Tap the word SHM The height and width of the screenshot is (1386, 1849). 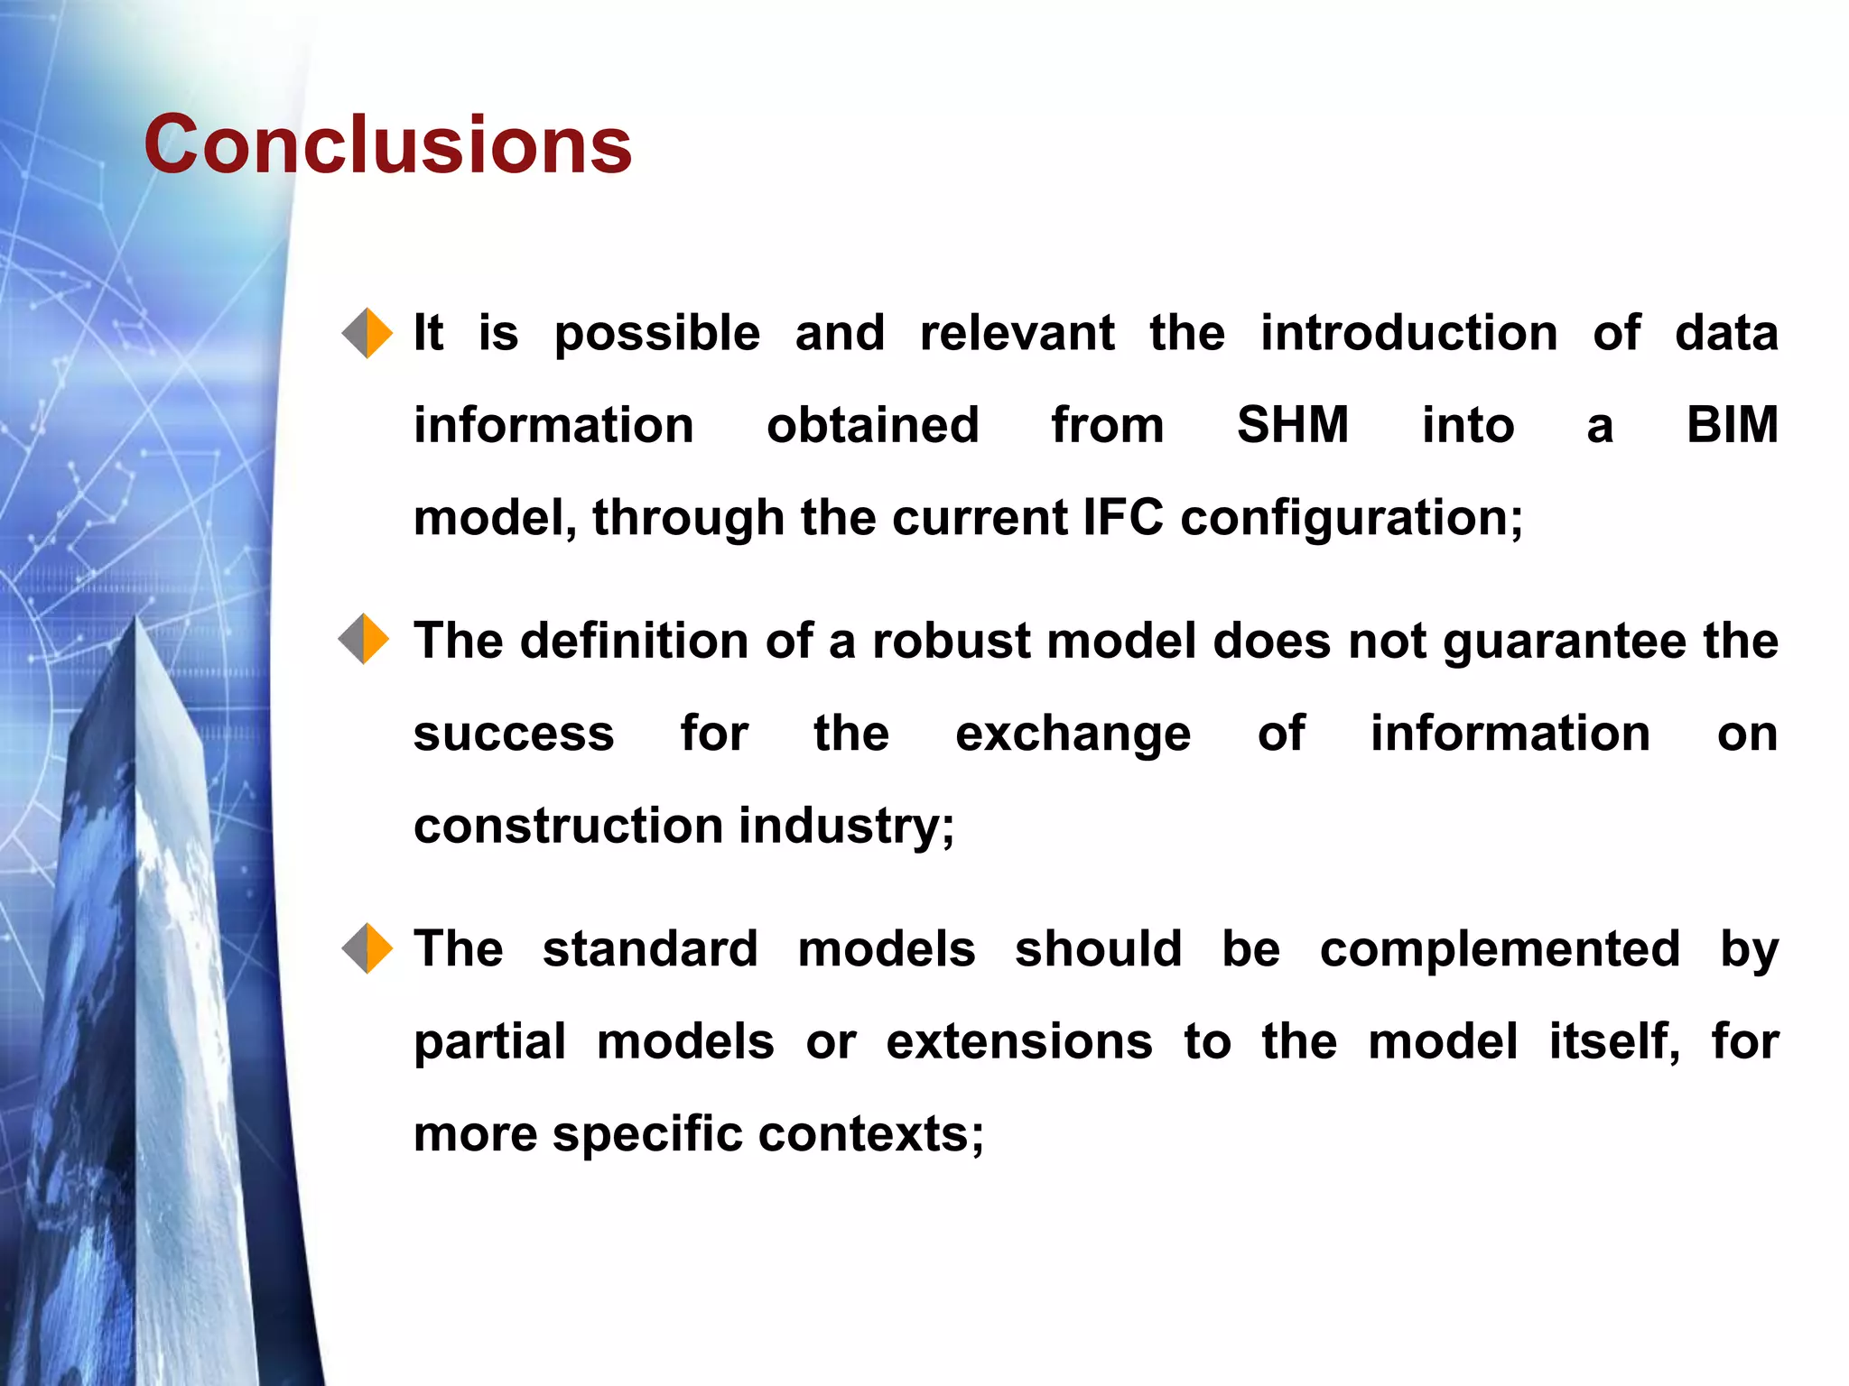(x=1292, y=425)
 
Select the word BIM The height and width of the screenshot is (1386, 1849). (x=1732, y=425)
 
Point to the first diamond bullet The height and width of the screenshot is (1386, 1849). (x=367, y=333)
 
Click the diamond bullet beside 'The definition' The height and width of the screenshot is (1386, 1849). (x=364, y=639)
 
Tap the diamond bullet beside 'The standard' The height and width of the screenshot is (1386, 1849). (x=367, y=948)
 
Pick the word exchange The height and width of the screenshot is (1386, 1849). (x=1073, y=735)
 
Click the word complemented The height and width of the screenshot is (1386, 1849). (x=1499, y=949)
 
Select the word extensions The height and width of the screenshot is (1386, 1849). (x=1018, y=1042)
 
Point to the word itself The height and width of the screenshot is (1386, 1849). (x=1613, y=1042)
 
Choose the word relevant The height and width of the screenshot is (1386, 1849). (x=1017, y=333)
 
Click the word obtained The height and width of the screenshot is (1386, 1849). (x=872, y=425)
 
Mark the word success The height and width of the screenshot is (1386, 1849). (x=513, y=734)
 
